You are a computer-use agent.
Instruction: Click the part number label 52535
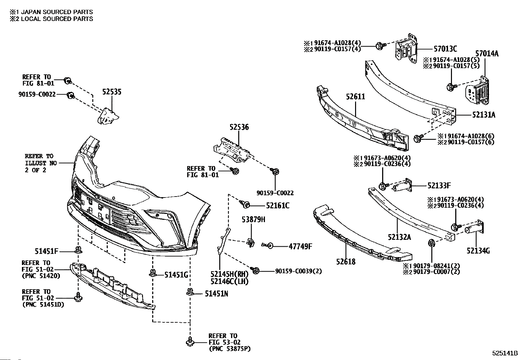(x=112, y=92)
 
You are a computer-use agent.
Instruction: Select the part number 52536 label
(x=239, y=127)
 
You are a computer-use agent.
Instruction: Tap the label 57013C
(x=445, y=49)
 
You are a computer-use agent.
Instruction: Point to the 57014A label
(x=487, y=54)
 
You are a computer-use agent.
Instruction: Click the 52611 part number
(x=355, y=97)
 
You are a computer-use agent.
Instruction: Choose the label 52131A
(x=484, y=115)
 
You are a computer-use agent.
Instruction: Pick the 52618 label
(x=346, y=262)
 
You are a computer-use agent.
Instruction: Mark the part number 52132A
(x=399, y=237)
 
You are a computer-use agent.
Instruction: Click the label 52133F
(x=439, y=186)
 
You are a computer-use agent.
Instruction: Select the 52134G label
(x=478, y=251)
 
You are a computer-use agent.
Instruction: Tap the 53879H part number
(x=253, y=219)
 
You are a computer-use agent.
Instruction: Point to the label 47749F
(x=300, y=246)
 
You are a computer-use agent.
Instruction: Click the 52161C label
(x=278, y=206)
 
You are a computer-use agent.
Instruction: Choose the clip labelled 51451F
(x=79, y=250)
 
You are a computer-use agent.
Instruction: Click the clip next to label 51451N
(x=190, y=292)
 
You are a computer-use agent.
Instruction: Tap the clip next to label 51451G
(x=153, y=273)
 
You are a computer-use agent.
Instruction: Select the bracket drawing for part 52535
(x=108, y=116)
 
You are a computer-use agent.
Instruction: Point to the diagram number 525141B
(x=505, y=353)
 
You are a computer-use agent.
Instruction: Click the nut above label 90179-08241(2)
(x=431, y=243)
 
